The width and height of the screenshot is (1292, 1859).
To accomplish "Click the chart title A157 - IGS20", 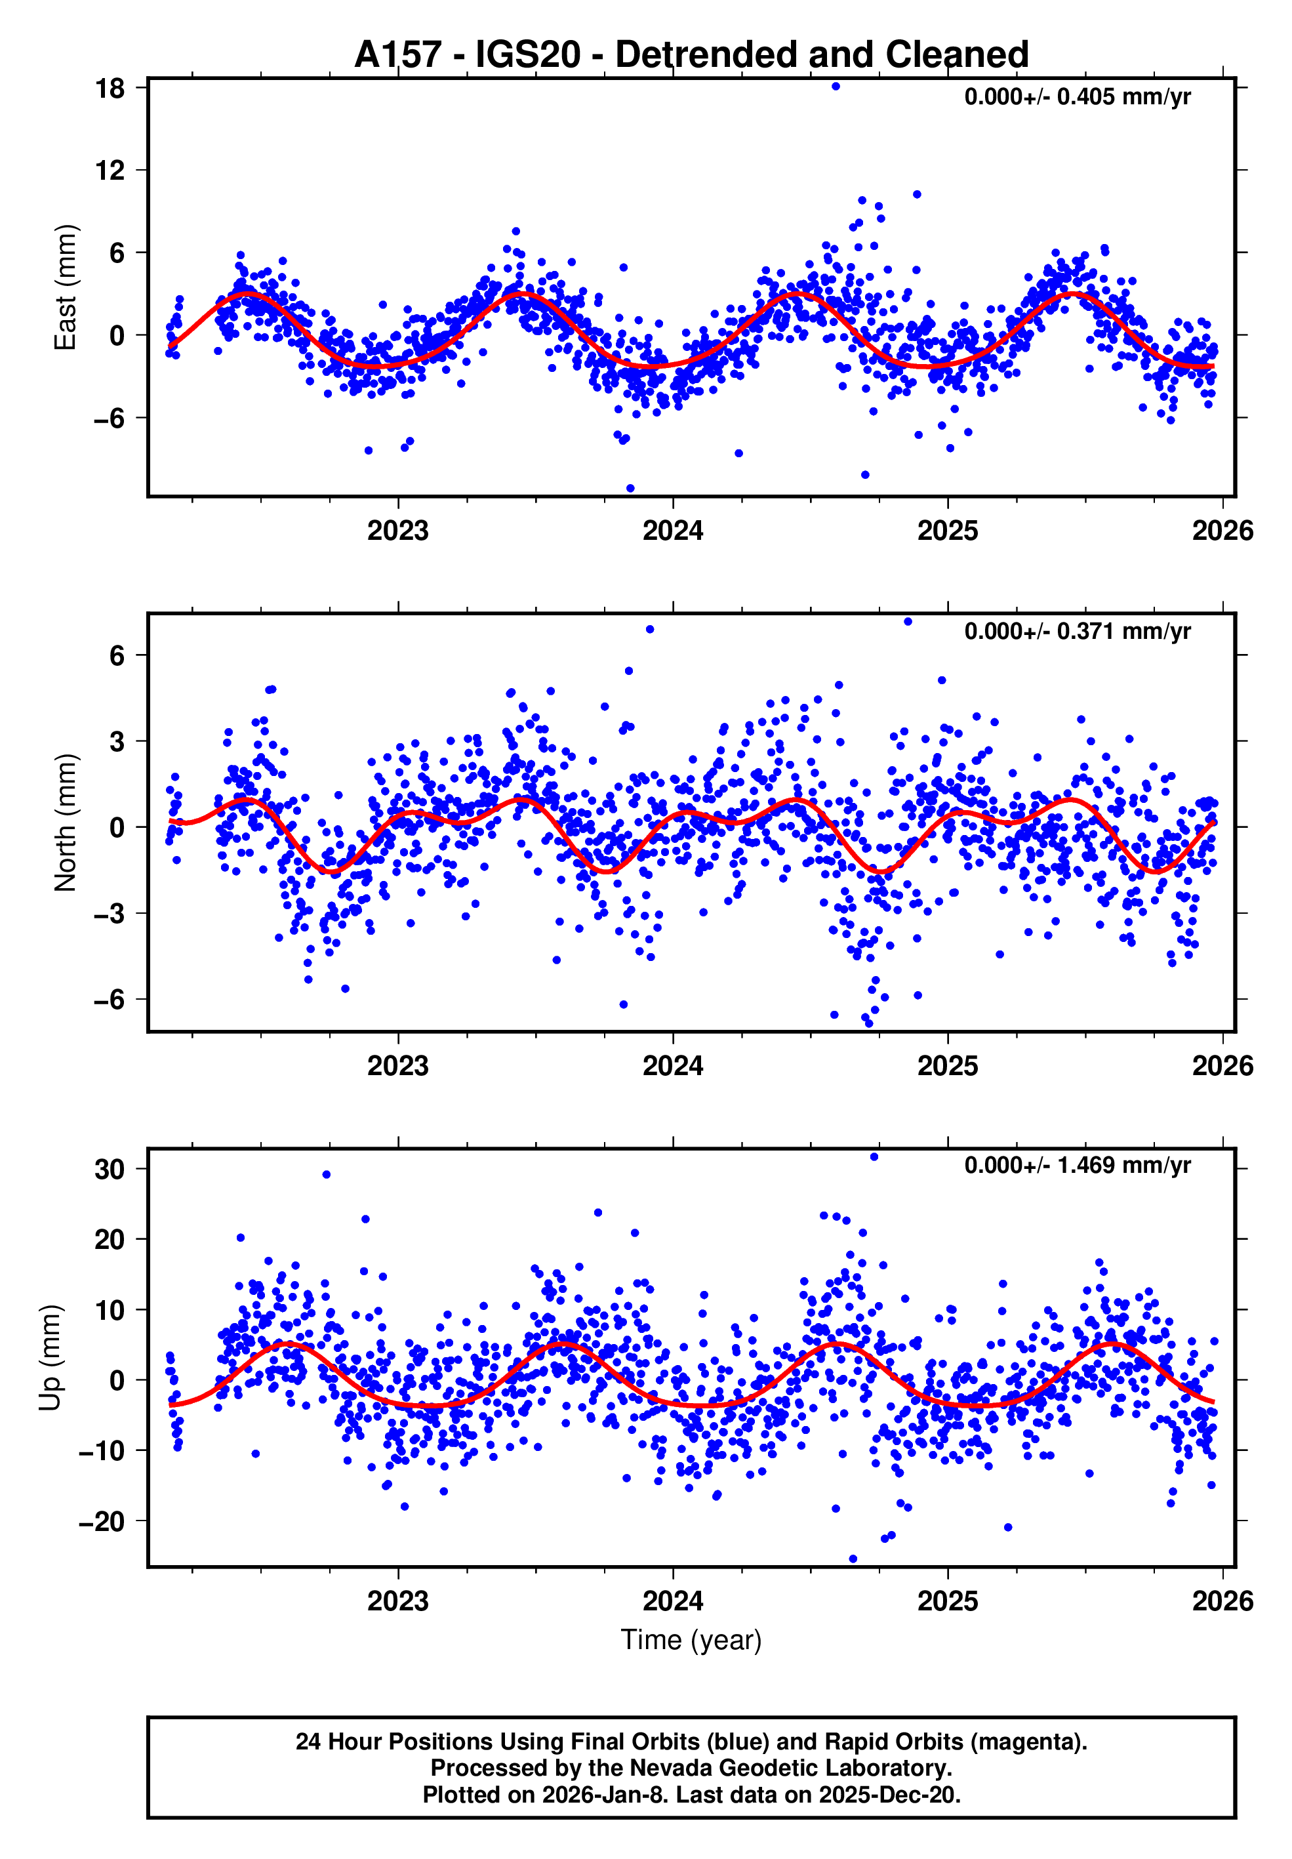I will (691, 54).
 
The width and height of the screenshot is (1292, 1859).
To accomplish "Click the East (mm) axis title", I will (65, 287).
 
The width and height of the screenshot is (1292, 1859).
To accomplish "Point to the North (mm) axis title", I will (65, 823).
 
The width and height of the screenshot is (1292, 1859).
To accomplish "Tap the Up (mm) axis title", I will (50, 1358).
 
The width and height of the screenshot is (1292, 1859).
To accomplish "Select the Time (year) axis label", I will (691, 1639).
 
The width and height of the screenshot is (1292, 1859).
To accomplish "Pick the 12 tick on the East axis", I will (110, 170).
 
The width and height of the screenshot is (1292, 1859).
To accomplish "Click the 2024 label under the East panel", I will (673, 531).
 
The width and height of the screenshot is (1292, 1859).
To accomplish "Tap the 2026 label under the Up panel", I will (1222, 1601).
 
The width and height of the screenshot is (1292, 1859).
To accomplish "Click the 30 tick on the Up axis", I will (110, 1169).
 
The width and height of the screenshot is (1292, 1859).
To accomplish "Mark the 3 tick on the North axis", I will (117, 741).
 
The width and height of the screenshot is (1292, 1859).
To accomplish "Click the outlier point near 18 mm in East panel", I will (836, 87).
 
